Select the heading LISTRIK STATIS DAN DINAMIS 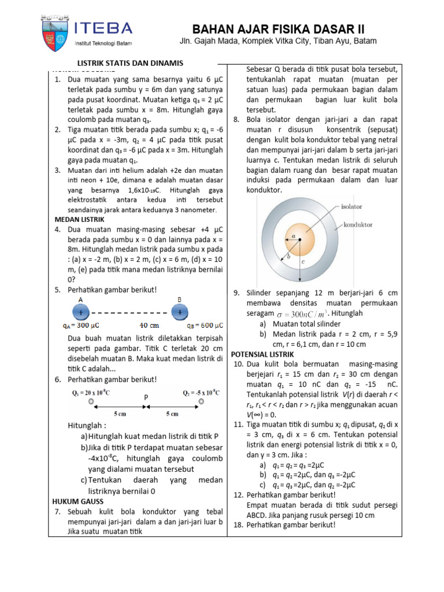[130, 63]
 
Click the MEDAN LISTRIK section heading [79, 220]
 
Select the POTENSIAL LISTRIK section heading [262, 354]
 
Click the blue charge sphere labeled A [80, 312]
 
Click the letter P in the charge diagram [146, 398]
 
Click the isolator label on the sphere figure [351, 206]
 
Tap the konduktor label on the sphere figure [358, 224]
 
